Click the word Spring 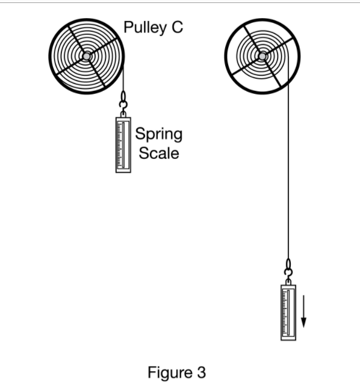click(158, 134)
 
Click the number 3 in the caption click(200, 372)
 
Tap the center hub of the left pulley click(87, 56)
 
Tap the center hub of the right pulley click(261, 56)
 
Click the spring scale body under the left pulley click(123, 144)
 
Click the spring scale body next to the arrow click(288, 313)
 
